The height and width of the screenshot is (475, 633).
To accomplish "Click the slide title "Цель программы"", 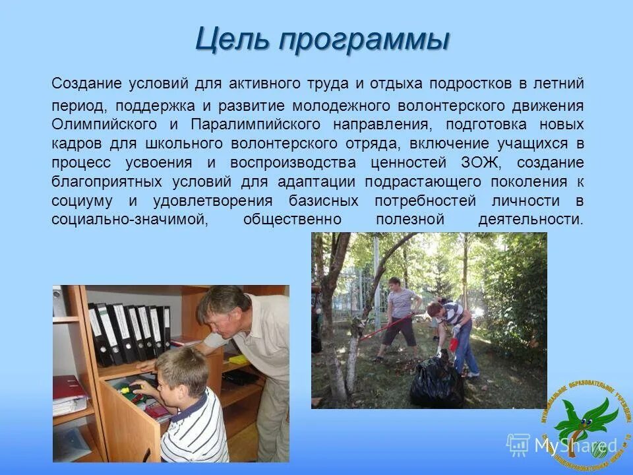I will click(322, 40).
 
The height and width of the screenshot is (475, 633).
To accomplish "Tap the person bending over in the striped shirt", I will click(455, 330).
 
